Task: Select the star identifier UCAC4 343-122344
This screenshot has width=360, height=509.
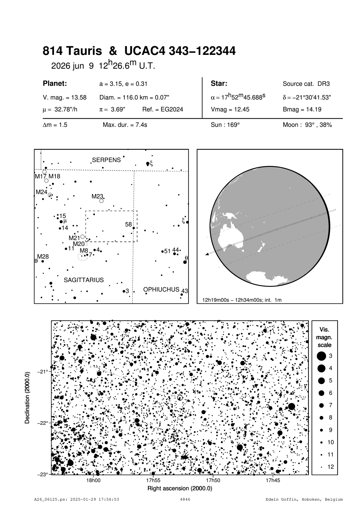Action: coord(180,51)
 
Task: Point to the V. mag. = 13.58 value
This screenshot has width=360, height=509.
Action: coord(65,98)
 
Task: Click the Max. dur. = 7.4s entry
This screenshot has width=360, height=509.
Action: coord(125,125)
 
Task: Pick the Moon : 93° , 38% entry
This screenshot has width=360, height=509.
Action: coord(307,125)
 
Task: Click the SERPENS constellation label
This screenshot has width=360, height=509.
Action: coord(106,160)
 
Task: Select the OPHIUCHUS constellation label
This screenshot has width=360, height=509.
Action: coord(161,289)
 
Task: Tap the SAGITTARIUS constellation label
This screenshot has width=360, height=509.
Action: coord(84,280)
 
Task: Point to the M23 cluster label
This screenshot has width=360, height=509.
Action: coord(97,196)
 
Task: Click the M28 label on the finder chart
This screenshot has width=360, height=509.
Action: coord(43,257)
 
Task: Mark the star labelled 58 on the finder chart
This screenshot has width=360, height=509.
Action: coord(133,228)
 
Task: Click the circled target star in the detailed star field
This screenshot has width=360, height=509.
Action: coord(180,398)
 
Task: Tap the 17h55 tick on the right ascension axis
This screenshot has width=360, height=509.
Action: coord(153,480)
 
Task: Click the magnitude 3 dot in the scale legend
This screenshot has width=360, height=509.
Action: coord(321,356)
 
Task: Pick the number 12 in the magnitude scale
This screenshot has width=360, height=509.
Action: coord(331,467)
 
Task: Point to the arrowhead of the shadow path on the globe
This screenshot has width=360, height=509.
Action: coord(207,254)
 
